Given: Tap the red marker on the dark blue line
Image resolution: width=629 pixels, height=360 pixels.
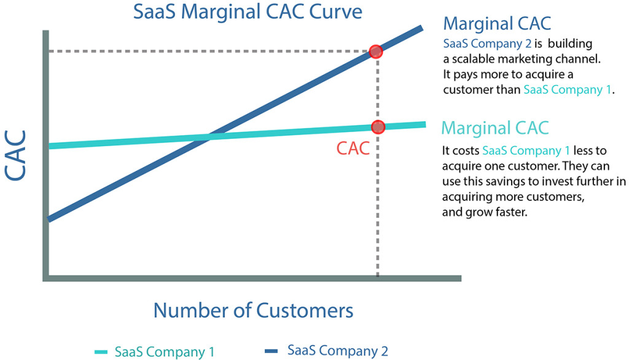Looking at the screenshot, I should pyautogui.click(x=377, y=52).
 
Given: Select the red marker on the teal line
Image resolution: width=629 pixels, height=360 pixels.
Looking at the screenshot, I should pyautogui.click(x=378, y=127).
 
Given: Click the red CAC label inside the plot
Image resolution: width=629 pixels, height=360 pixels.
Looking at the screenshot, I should pyautogui.click(x=353, y=149).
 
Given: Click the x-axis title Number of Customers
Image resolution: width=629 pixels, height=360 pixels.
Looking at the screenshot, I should pyautogui.click(x=253, y=310).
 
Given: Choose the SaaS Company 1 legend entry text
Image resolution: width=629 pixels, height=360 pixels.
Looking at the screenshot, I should pyautogui.click(x=164, y=352).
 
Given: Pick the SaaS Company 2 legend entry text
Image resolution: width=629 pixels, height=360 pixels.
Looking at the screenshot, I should pyautogui.click(x=338, y=351).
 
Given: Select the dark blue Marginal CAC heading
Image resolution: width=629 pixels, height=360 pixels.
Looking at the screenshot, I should pyautogui.click(x=497, y=25).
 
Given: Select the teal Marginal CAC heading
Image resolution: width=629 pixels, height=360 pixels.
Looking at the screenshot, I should pyautogui.click(x=494, y=128).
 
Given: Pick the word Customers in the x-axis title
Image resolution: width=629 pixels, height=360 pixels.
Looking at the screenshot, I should pyautogui.click(x=305, y=310).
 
